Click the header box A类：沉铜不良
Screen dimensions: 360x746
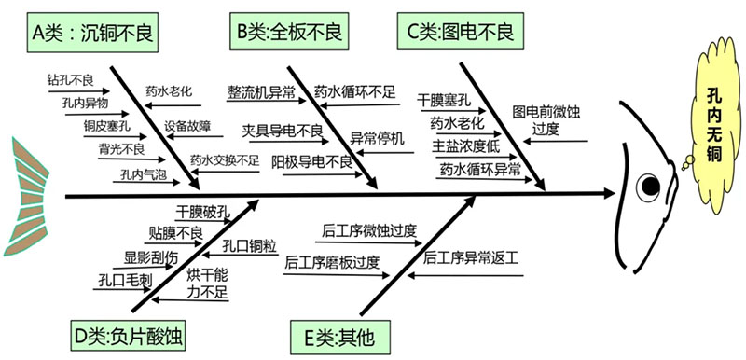tap(91, 35)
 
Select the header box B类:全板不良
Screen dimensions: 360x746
tap(289, 35)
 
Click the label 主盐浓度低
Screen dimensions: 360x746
tap(465, 145)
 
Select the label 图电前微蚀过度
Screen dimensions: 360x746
tap(546, 119)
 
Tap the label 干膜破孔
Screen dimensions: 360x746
tap(202, 211)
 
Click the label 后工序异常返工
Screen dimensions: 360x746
tap(470, 255)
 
